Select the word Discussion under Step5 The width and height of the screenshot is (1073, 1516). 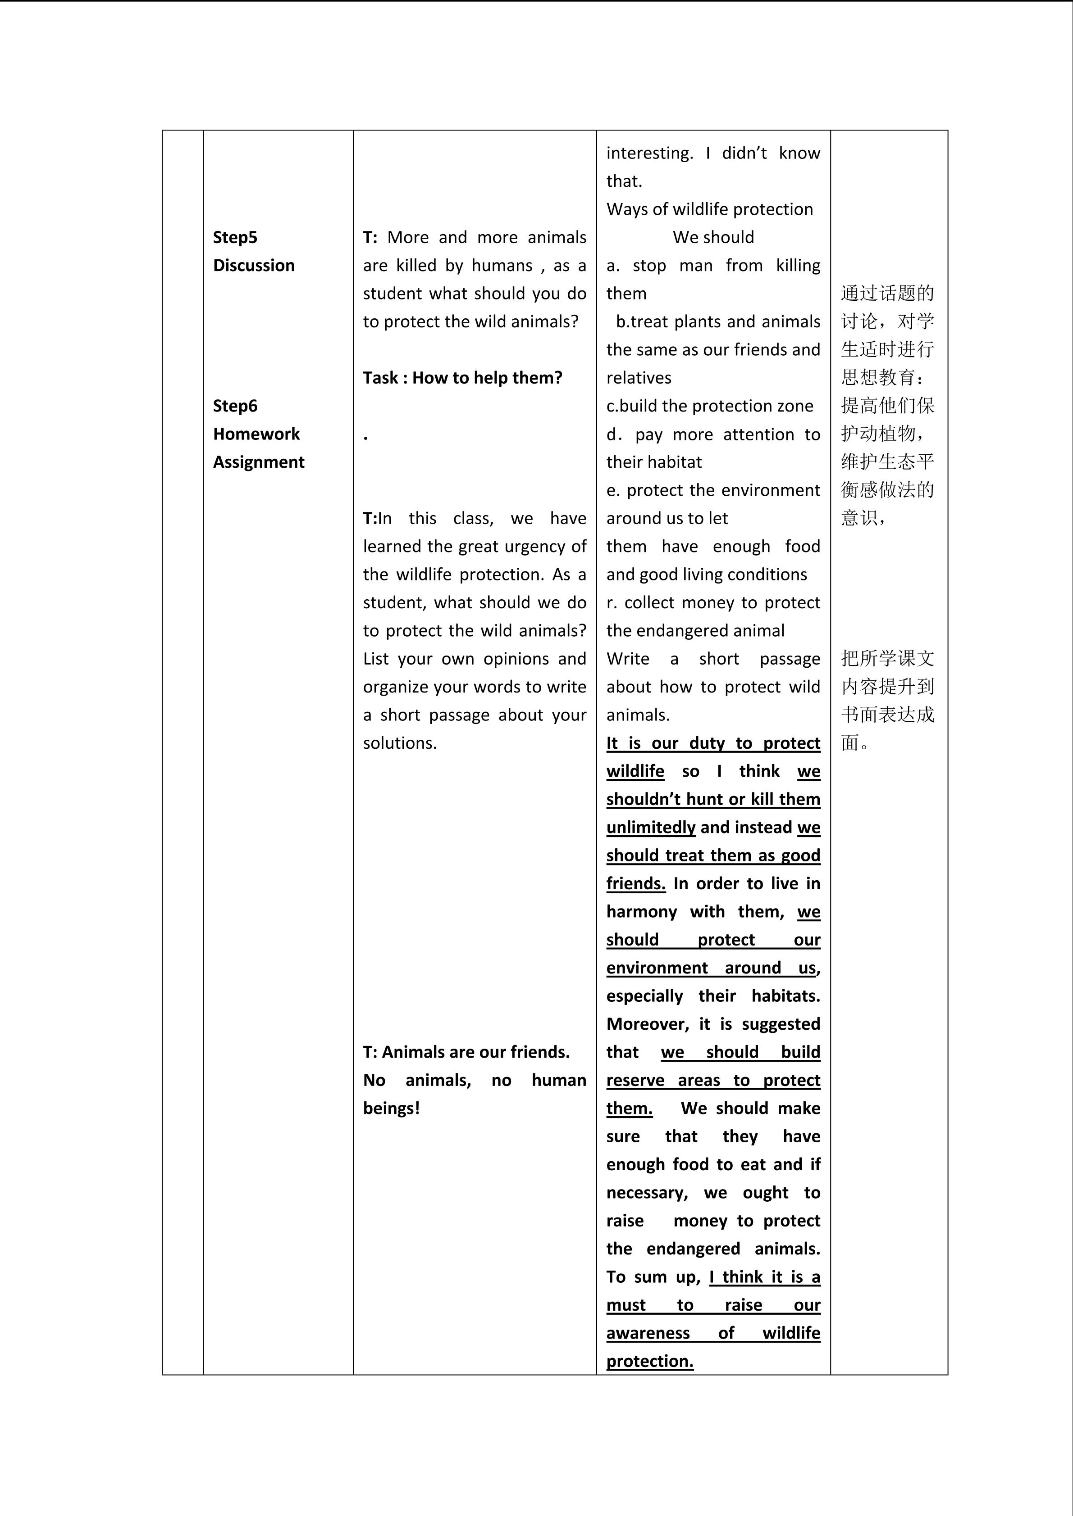tap(254, 266)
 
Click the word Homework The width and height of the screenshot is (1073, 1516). tap(256, 434)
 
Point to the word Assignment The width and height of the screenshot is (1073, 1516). tap(258, 462)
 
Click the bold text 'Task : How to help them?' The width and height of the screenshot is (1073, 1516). tap(462, 378)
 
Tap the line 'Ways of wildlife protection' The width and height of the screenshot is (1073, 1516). tap(710, 209)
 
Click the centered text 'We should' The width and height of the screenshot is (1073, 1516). tap(713, 237)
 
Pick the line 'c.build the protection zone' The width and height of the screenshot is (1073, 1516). tap(710, 406)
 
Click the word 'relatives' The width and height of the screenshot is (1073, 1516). tap(639, 378)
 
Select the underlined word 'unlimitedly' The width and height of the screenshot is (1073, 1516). tap(651, 827)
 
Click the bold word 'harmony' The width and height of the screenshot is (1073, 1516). tap(642, 912)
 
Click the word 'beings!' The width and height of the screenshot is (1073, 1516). tap(391, 1108)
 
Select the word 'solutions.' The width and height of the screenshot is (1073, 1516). tap(400, 743)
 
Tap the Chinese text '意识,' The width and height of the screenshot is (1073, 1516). tap(863, 518)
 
